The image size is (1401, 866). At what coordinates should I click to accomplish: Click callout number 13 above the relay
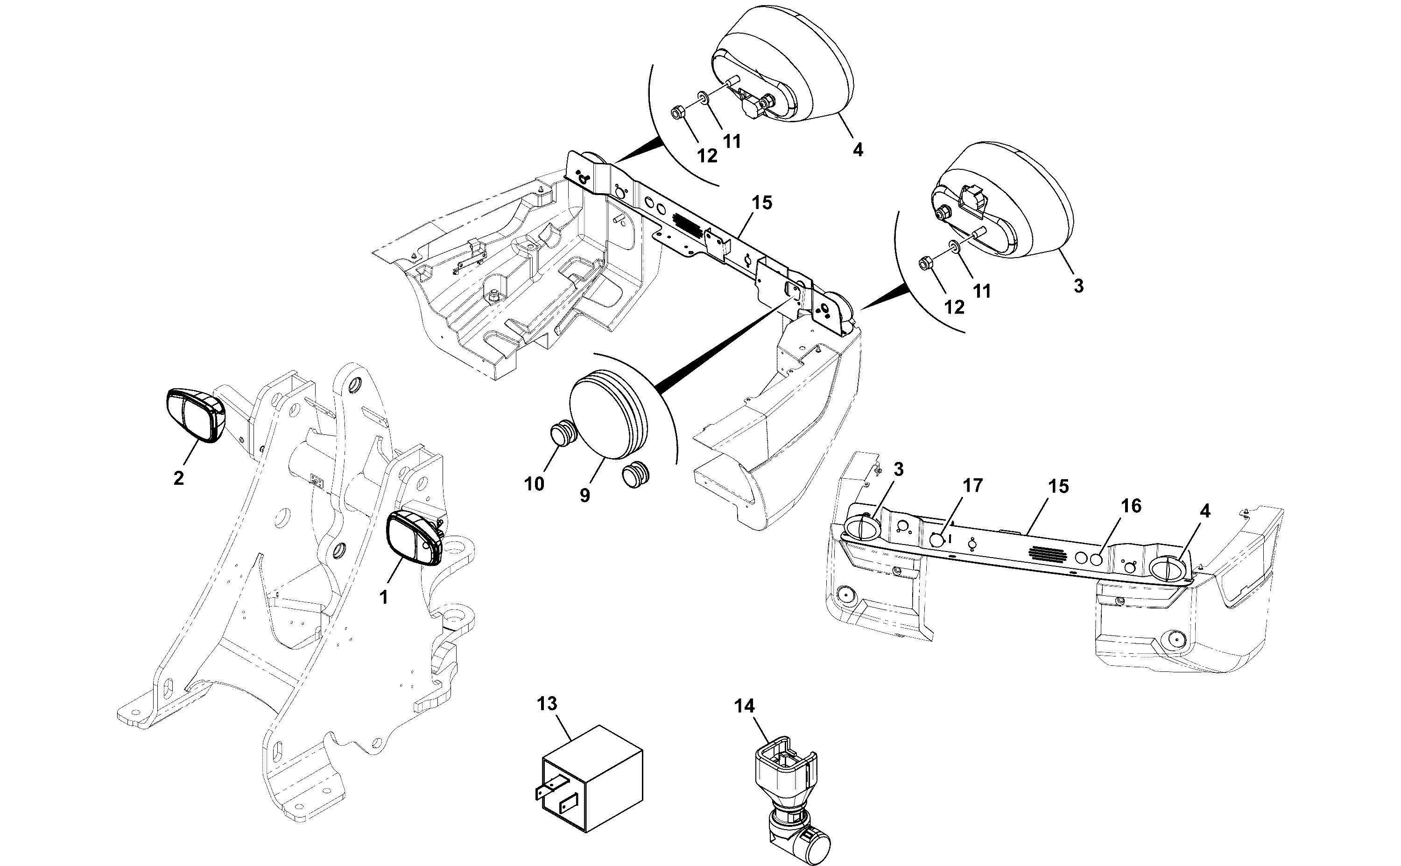pos(547,703)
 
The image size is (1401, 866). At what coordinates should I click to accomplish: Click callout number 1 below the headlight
pos(384,597)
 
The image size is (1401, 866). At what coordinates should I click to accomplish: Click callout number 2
pos(179,478)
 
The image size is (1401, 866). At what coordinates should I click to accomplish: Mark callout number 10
pos(534,484)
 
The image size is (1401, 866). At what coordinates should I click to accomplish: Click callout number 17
pos(972,486)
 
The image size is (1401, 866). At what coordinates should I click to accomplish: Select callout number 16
pos(1131,506)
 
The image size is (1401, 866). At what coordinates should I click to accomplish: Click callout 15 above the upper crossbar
pos(761,202)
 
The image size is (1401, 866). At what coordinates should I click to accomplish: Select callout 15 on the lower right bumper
pos(1058,486)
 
